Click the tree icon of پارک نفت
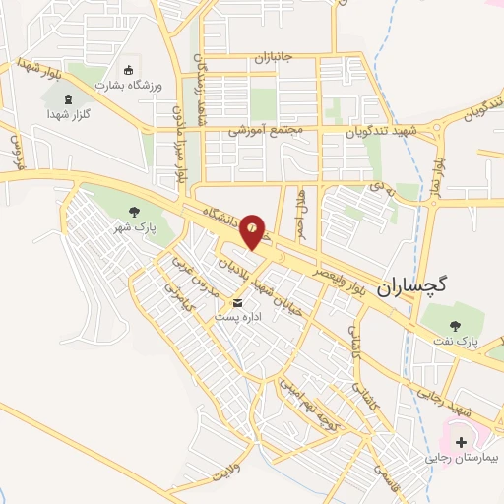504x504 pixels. [454, 325]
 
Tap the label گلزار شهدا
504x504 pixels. [68, 115]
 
